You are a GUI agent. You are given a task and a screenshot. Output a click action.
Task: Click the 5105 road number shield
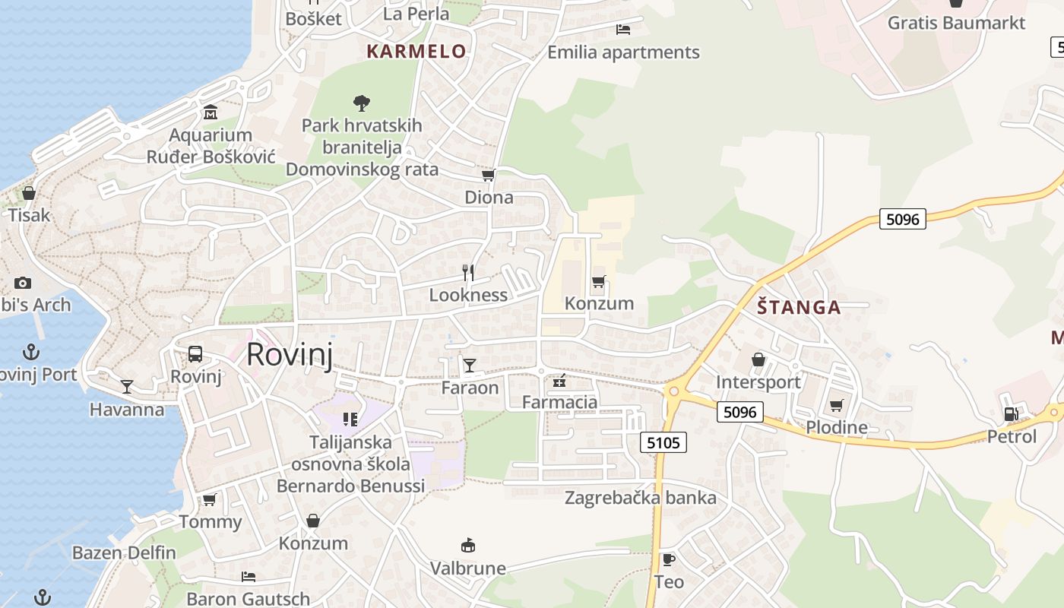[663, 442]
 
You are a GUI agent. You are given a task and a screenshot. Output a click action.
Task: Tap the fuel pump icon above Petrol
[1012, 414]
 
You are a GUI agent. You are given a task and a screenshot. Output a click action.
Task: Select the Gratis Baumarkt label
[957, 23]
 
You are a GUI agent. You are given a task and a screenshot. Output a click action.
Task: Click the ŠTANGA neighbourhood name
[799, 307]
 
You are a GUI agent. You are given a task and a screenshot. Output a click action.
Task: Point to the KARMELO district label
[416, 52]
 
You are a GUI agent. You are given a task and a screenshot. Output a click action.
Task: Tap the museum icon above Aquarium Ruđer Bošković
[211, 113]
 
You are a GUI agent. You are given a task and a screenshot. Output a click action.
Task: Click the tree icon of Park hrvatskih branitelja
[362, 103]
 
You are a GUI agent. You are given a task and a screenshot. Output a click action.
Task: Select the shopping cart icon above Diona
[489, 176]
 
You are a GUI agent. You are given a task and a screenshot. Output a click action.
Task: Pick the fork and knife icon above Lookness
[468, 273]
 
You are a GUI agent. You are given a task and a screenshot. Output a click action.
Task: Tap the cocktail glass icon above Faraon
[470, 366]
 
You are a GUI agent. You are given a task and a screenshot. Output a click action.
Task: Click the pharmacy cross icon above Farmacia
[560, 380]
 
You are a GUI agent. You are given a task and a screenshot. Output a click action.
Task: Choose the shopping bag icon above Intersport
[758, 359]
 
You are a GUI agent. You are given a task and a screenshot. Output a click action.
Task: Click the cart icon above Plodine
[837, 405]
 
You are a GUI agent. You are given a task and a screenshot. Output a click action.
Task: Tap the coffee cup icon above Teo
[669, 560]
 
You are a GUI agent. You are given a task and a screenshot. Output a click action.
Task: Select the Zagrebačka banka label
[640, 498]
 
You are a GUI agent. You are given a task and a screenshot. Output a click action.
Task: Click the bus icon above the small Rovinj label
[195, 354]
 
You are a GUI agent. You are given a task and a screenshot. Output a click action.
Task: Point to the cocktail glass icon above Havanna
[127, 387]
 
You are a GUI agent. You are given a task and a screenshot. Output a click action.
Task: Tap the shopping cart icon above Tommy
[210, 499]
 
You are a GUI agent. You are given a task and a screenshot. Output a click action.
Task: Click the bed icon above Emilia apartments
[623, 30]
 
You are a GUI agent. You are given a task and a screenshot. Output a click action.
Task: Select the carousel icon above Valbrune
[468, 546]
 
